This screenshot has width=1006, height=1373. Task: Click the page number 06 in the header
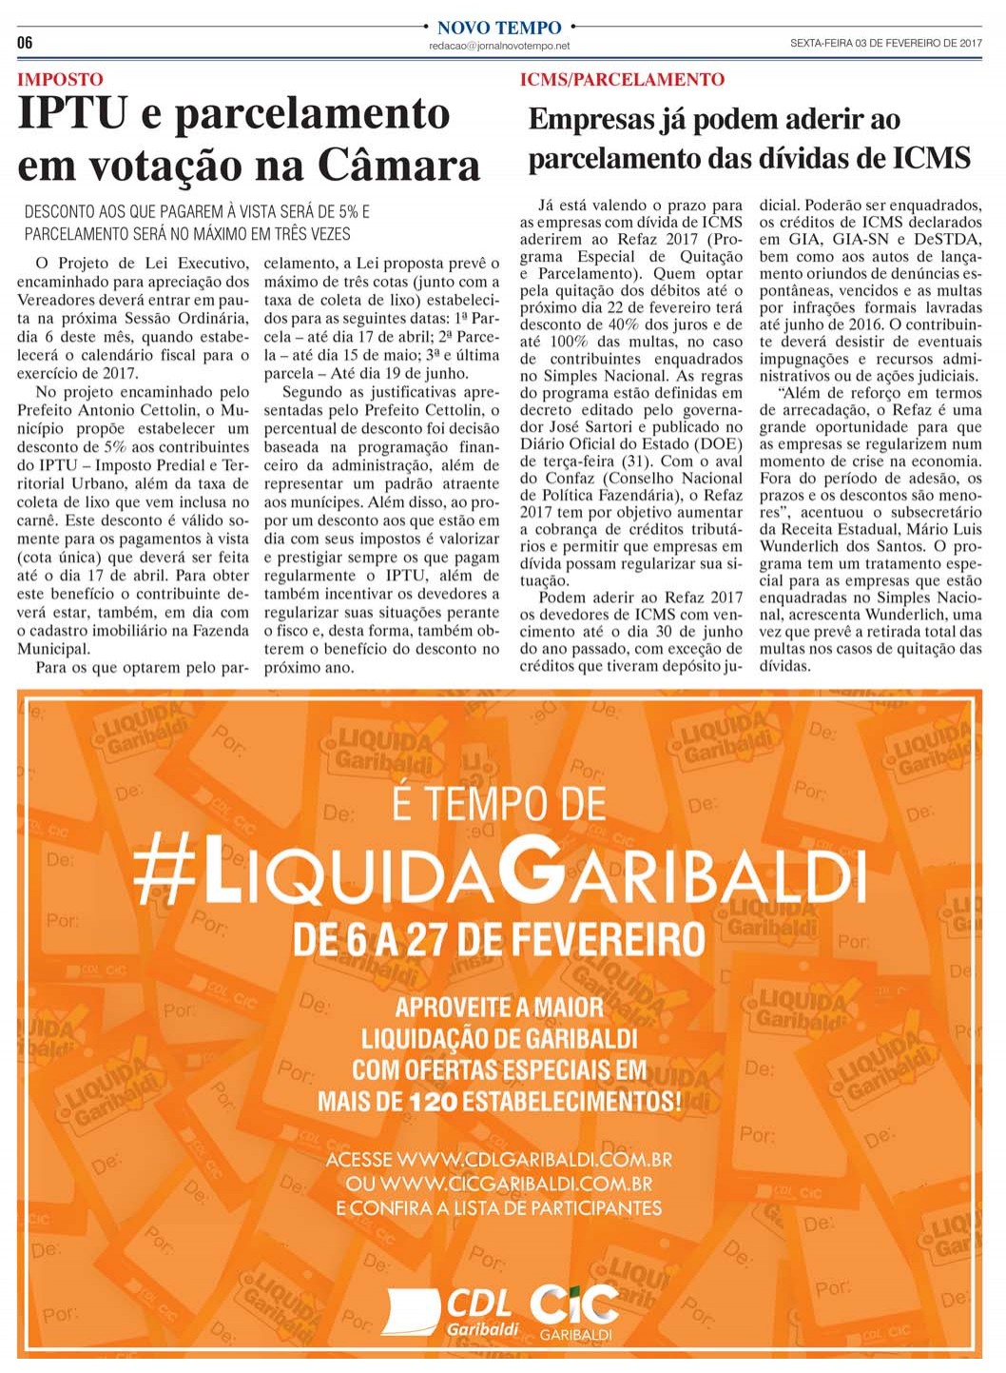click(x=25, y=42)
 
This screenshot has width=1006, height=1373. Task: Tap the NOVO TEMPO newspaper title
click(x=499, y=28)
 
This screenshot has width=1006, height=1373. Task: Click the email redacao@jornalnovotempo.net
click(x=499, y=46)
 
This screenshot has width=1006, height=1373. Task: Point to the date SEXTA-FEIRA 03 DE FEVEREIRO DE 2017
click(x=885, y=43)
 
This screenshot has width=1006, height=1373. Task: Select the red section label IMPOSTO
click(x=60, y=80)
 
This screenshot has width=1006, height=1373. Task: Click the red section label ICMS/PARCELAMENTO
click(x=622, y=80)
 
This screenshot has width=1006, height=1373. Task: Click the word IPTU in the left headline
click(x=72, y=114)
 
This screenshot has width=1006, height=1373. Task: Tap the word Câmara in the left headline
click(x=398, y=165)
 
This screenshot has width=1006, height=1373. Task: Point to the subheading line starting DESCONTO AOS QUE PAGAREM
click(x=197, y=212)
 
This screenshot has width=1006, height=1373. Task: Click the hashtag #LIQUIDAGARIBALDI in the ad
click(x=499, y=868)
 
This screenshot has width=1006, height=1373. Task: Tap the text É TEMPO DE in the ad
click(x=499, y=804)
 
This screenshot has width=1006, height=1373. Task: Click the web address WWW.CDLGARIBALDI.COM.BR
click(x=534, y=1160)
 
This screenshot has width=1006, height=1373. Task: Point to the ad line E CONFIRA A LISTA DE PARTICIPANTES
click(x=499, y=1208)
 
